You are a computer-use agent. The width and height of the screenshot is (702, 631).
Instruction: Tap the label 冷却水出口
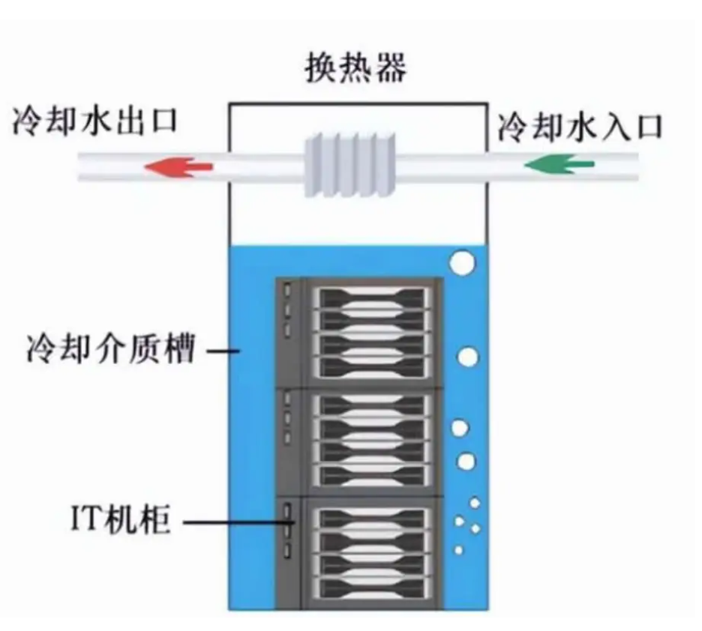(x=94, y=123)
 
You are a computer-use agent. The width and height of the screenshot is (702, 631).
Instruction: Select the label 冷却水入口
(x=580, y=127)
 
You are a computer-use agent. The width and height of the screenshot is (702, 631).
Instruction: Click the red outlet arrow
(x=178, y=167)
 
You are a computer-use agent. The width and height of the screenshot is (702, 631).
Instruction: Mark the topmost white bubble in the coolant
(x=463, y=262)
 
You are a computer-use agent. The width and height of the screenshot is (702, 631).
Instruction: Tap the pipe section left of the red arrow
(x=112, y=167)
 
